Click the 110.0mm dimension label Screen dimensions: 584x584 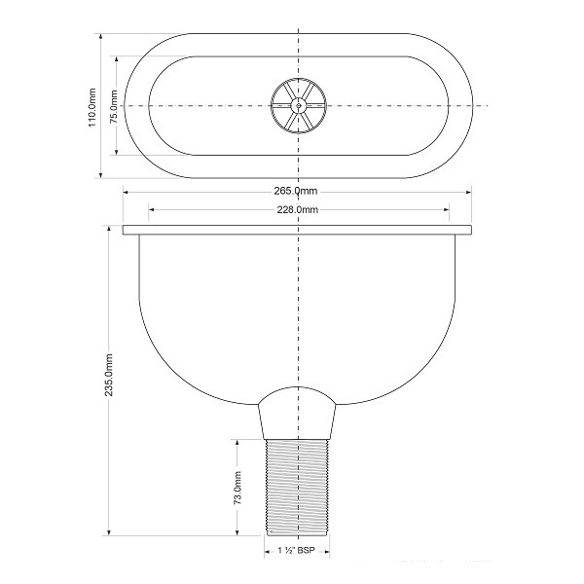tap(92, 108)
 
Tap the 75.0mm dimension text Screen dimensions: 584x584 tap(114, 106)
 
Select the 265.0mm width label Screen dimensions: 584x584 tap(296, 191)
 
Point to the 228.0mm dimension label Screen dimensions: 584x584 tap(297, 209)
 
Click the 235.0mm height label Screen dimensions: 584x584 tap(109, 375)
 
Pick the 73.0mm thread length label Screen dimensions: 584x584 tap(237, 488)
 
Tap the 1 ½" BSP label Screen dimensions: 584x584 tap(297, 551)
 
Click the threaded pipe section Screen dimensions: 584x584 tap(297, 488)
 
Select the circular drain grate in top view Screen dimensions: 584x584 tap(299, 106)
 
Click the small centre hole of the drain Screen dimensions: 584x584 tap(299, 106)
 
